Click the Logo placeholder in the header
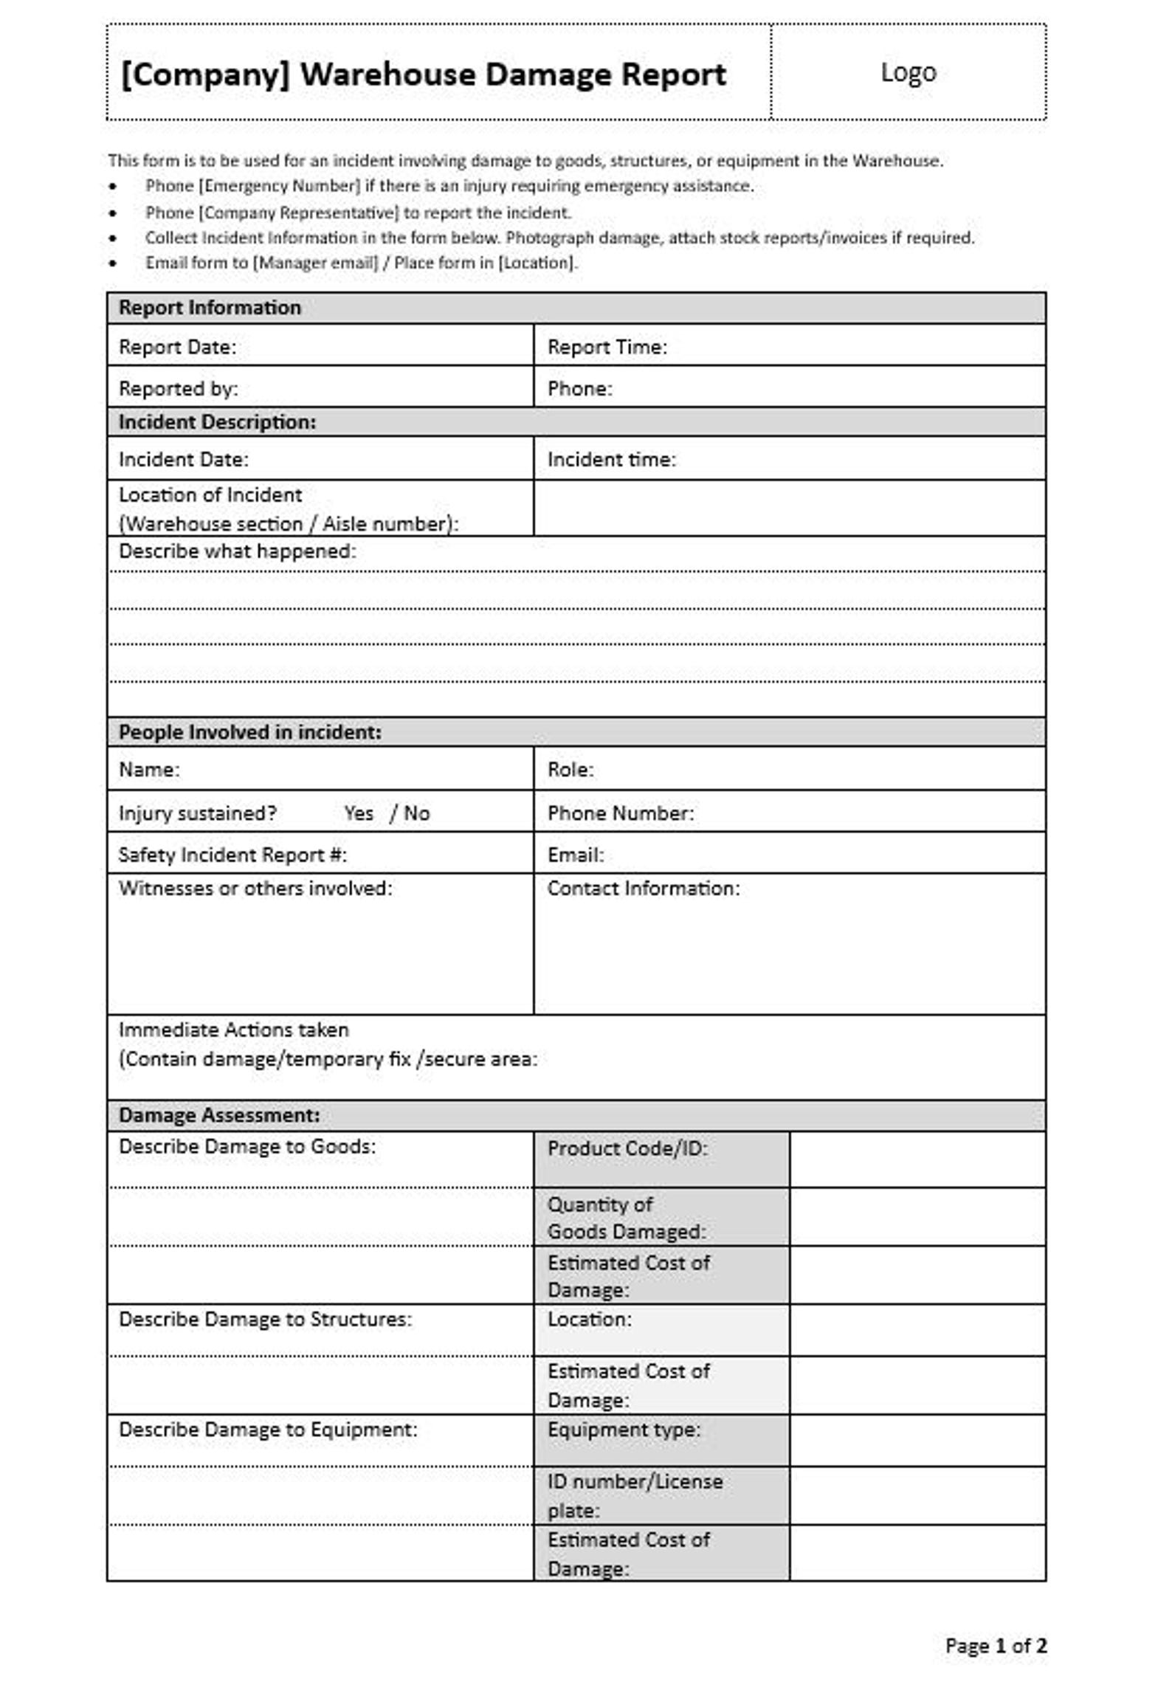coord(908,72)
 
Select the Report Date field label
coord(177,347)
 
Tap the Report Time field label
coord(607,347)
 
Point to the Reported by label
coord(178,388)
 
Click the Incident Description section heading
coord(217,422)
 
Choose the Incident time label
coord(611,459)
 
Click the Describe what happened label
coord(237,551)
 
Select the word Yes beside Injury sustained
coord(359,813)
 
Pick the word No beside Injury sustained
coord(417,813)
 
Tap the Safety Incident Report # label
coord(232,855)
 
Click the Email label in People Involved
coord(575,855)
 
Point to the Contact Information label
coord(643,888)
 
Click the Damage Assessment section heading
coord(219,1115)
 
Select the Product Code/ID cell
coord(627,1148)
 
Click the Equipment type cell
coord(624,1430)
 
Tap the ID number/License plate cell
coord(635,1495)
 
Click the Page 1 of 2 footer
coord(995,1645)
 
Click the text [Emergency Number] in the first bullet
coord(280,186)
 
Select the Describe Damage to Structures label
coord(265,1319)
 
